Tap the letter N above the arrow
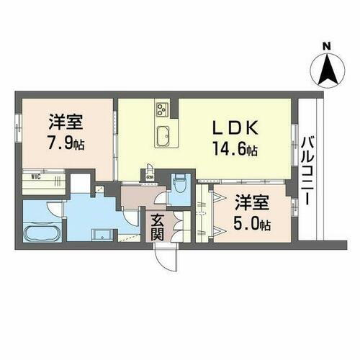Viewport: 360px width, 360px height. pos(327,47)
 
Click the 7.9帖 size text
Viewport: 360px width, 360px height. pos(66,143)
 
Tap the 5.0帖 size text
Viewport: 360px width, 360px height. pos(253,224)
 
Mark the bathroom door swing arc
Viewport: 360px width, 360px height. pos(54,210)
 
